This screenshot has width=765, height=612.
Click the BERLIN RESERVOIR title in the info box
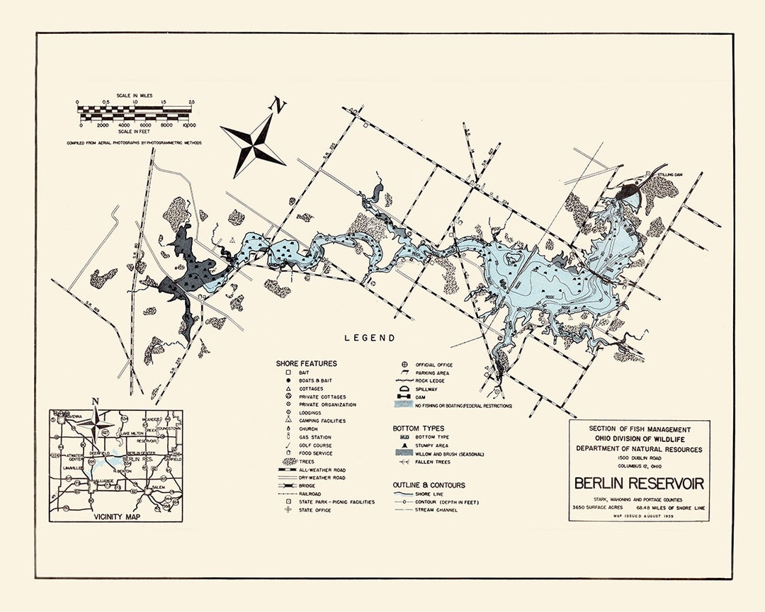[x=639, y=484]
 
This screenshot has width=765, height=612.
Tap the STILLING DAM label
[x=667, y=174]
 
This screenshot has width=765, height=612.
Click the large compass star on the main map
[x=253, y=146]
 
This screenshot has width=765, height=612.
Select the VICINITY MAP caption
[x=115, y=516]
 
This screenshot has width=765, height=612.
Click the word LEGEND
[x=370, y=338]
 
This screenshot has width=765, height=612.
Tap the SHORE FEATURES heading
[x=306, y=363]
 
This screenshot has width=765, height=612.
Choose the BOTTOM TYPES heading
[x=419, y=429]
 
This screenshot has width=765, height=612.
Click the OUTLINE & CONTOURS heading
[x=429, y=485]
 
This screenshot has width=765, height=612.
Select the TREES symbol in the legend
[x=288, y=461]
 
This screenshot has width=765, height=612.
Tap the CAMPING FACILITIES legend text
[x=322, y=421]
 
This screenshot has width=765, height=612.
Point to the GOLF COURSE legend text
[x=316, y=445]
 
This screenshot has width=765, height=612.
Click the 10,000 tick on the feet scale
[x=189, y=125]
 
